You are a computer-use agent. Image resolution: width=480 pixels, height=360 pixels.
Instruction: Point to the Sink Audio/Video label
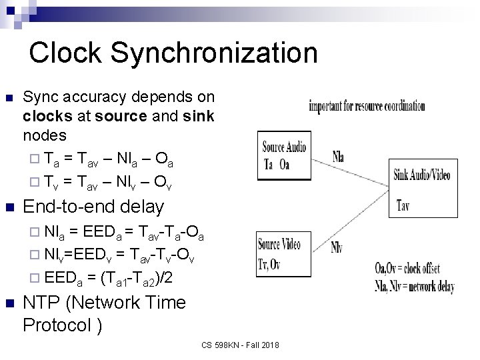pyautogui.click(x=421, y=175)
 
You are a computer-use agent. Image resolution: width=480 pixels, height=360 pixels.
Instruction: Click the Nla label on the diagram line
pyautogui.click(x=339, y=157)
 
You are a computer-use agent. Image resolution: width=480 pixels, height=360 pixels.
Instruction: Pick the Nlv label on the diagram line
pyautogui.click(x=337, y=246)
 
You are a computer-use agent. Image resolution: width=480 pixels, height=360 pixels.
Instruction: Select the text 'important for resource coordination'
pyautogui.click(x=367, y=106)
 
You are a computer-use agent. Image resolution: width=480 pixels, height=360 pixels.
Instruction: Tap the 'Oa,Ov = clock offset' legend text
pyautogui.click(x=416, y=269)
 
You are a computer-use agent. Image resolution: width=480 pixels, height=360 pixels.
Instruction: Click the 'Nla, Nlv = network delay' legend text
pyautogui.click(x=414, y=288)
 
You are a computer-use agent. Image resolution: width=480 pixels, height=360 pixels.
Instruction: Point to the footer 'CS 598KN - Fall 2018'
pyautogui.click(x=240, y=345)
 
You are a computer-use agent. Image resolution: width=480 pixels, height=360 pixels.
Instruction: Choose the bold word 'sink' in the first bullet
pyautogui.click(x=198, y=117)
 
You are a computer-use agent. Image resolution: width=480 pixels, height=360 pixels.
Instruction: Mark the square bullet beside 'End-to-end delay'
pyautogui.click(x=9, y=207)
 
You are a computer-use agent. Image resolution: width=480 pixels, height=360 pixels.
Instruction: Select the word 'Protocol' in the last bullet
pyautogui.click(x=57, y=325)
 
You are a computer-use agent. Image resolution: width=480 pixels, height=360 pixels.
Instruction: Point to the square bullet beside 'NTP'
pyautogui.click(x=9, y=303)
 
